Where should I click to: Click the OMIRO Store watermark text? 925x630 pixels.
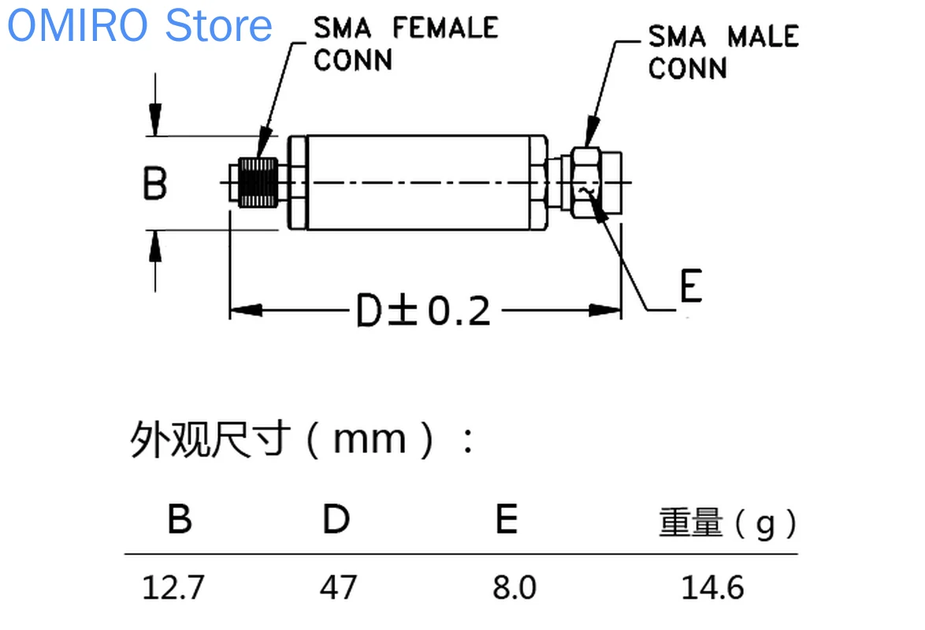point(139,25)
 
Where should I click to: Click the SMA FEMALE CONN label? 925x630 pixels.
point(405,43)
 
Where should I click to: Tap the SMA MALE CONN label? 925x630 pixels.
point(723,52)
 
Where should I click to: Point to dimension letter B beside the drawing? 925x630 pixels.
point(155,183)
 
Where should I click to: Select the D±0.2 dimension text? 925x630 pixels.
point(423,312)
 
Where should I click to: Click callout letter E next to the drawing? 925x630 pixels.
point(690,287)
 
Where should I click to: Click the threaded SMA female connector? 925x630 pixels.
point(257,183)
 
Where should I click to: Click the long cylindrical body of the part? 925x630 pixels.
point(418,183)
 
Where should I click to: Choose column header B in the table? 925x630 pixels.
point(180,520)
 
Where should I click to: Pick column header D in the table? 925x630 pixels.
point(336,520)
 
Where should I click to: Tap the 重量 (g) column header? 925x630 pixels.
point(727,523)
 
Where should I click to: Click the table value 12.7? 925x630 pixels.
point(173,587)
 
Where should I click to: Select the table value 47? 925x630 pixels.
point(338,587)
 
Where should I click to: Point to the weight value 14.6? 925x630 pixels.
point(713,587)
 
